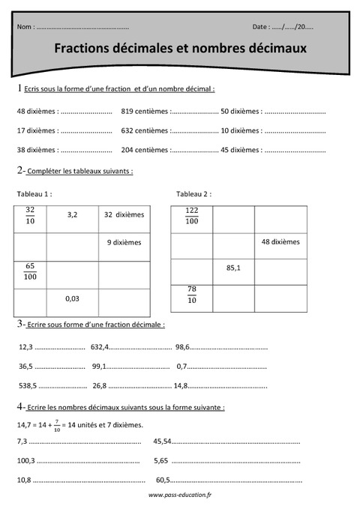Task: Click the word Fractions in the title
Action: click(85, 49)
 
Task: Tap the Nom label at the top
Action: click(24, 26)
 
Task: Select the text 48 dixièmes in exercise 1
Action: click(36, 111)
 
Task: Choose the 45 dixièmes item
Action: click(241, 149)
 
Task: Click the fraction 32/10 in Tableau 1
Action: click(30, 215)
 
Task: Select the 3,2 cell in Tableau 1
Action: click(73, 214)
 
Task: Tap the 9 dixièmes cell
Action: click(124, 242)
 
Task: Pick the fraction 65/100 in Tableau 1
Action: click(31, 271)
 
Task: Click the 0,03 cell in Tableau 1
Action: click(73, 298)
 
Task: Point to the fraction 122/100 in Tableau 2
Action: click(191, 216)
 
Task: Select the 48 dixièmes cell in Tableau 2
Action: click(280, 241)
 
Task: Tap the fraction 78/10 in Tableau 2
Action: click(191, 295)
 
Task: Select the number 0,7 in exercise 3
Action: click(181, 367)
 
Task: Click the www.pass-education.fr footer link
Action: click(180, 496)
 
